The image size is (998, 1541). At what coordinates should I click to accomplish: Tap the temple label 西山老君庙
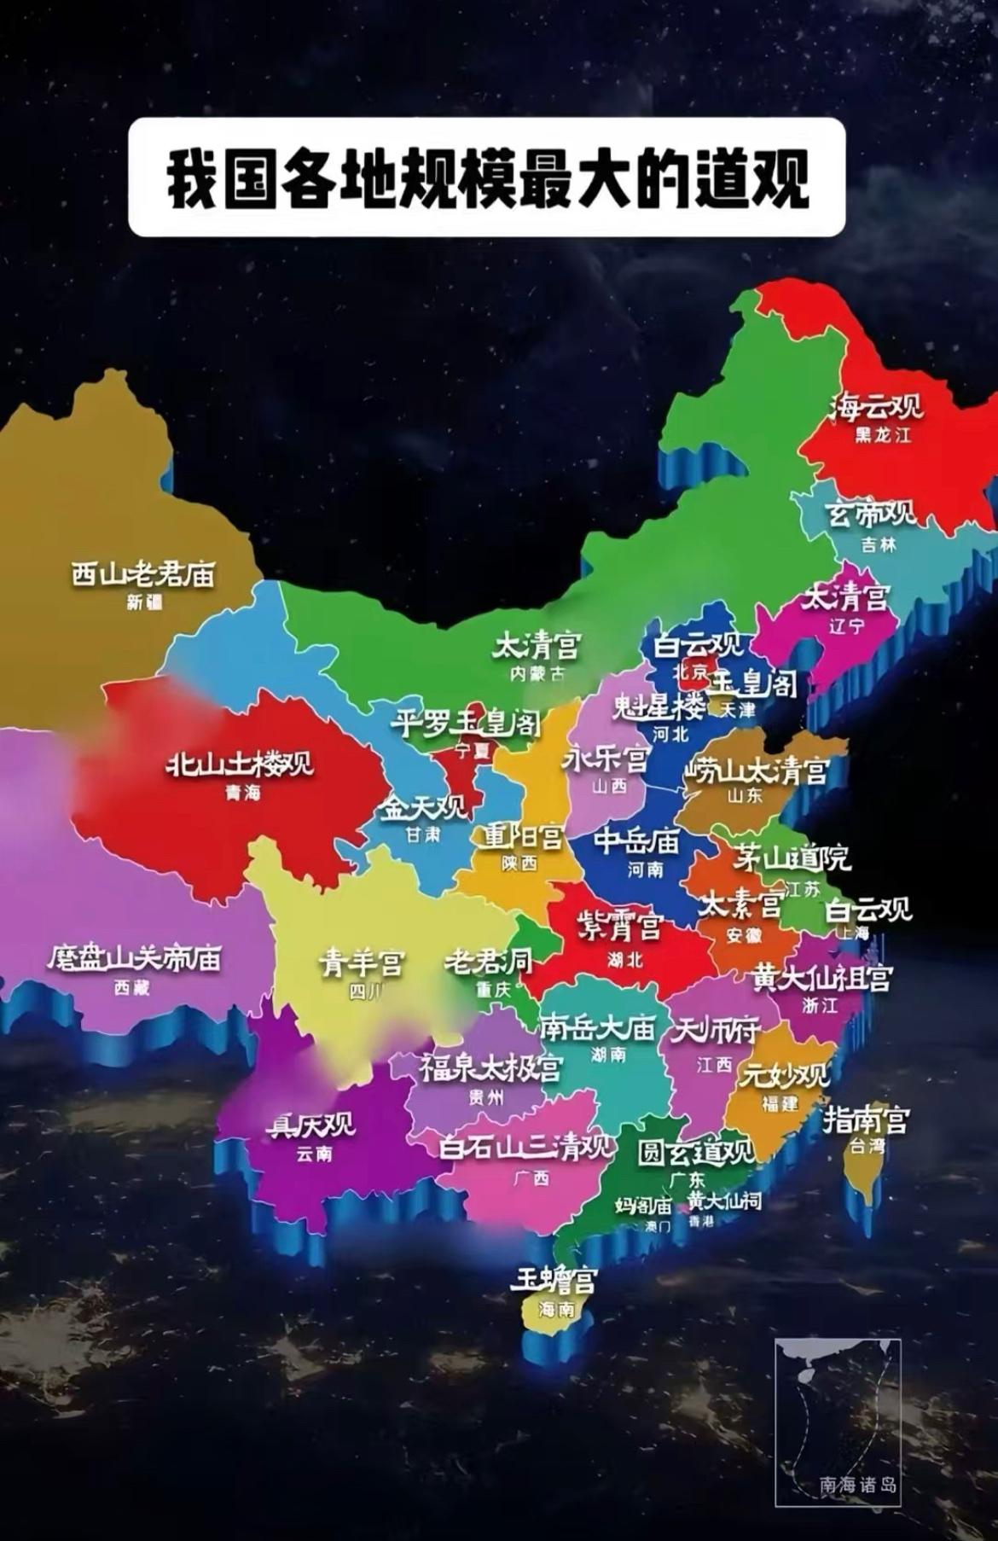142,574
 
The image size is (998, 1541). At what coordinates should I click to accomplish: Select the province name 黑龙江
883,434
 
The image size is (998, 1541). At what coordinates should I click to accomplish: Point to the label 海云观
877,407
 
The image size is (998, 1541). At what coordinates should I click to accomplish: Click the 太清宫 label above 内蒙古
537,646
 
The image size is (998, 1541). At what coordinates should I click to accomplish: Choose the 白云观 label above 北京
699,645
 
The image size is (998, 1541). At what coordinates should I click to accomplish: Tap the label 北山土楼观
239,764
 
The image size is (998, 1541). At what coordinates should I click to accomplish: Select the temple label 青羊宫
362,963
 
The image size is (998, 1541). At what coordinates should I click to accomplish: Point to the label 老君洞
488,962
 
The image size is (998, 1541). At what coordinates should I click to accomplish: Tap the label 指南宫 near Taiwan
866,1119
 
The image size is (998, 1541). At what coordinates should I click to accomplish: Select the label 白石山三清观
525,1147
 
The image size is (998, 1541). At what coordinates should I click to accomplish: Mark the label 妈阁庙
643,1206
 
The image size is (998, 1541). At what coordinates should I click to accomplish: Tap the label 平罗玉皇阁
466,724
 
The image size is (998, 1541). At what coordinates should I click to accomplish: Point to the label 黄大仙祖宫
821,978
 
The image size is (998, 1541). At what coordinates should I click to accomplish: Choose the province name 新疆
144,602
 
